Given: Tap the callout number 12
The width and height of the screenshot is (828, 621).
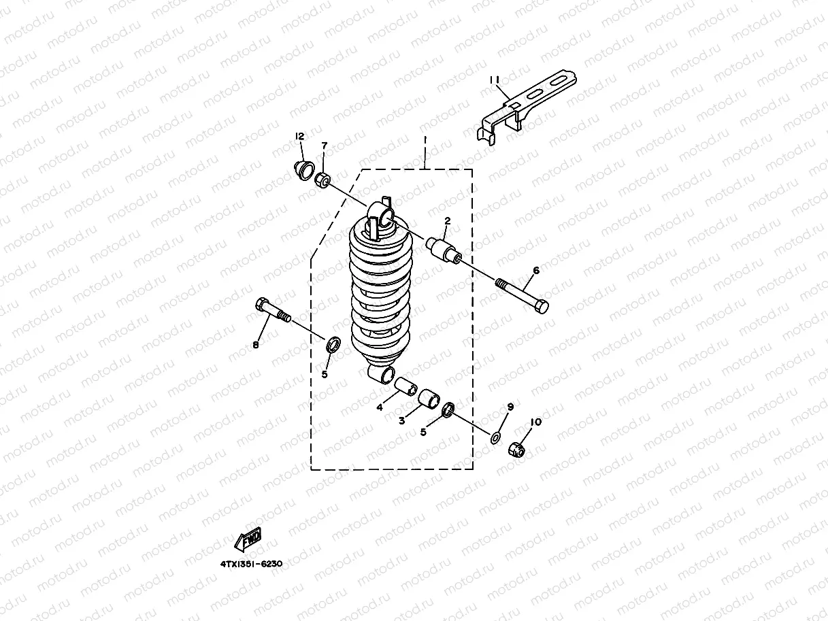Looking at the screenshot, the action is [299, 137].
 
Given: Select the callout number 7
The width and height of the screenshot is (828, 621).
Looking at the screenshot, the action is [325, 146].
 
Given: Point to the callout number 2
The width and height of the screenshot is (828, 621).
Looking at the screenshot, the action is [448, 220].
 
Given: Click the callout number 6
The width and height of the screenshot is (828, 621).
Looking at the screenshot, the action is [536, 270].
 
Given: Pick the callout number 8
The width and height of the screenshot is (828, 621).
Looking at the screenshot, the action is [256, 345].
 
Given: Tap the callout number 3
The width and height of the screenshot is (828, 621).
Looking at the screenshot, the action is [402, 420].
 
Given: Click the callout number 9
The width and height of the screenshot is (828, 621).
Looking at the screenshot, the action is [510, 407].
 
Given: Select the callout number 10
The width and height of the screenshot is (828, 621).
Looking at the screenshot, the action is [536, 422].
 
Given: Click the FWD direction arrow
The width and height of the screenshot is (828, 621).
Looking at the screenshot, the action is [248, 539].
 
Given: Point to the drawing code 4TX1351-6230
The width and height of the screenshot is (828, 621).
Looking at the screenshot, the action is [250, 564].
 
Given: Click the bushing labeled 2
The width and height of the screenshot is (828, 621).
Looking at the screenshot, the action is [441, 248].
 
